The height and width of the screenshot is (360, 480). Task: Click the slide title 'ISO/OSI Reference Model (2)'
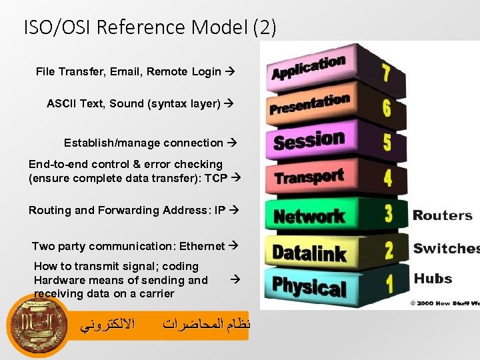149,27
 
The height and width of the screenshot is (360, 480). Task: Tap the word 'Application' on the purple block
307,67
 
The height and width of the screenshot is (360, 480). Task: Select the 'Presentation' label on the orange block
309,104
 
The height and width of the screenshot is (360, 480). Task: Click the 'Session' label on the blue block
309,141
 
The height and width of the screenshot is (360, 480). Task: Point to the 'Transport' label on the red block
309,177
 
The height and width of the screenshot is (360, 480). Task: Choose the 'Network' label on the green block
309,216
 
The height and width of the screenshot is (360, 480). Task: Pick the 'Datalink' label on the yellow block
309,253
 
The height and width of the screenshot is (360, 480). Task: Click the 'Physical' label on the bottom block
309,287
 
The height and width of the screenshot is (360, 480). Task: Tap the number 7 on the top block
385,73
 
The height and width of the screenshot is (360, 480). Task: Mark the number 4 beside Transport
387,178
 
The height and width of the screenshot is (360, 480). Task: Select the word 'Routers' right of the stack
443,215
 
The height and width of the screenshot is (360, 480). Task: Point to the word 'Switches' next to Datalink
445,249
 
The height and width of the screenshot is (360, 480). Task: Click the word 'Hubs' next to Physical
433,279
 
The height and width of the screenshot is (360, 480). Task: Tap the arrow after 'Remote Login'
230,71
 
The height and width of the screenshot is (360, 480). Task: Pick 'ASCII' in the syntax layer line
61,103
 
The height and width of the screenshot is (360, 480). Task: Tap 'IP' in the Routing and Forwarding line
220,210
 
